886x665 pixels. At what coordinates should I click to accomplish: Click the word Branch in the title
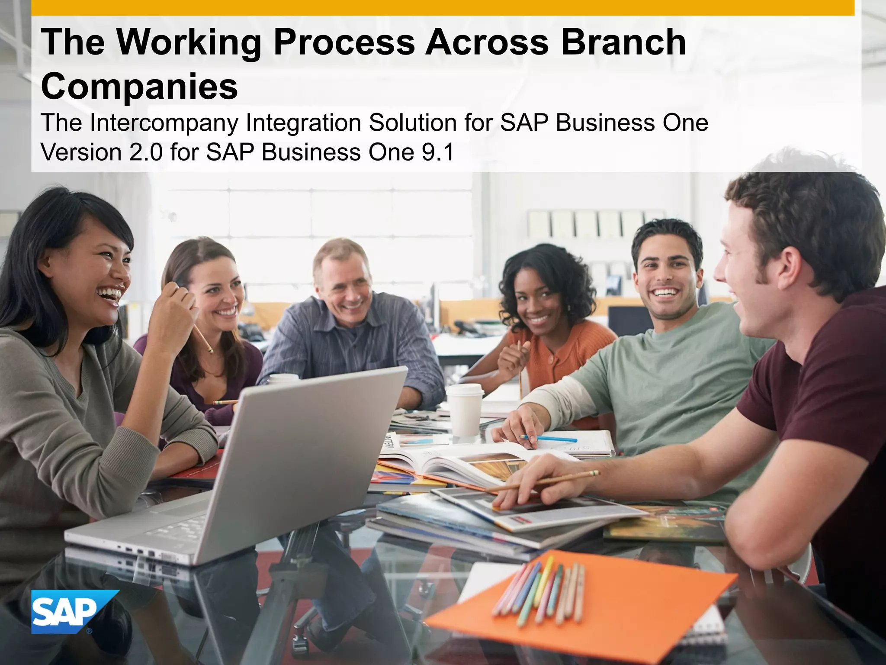point(623,42)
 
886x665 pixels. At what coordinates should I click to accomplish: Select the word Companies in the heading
point(139,86)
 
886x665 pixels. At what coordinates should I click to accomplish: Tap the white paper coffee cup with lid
point(465,409)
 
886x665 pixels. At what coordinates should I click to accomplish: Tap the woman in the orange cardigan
point(545,329)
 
